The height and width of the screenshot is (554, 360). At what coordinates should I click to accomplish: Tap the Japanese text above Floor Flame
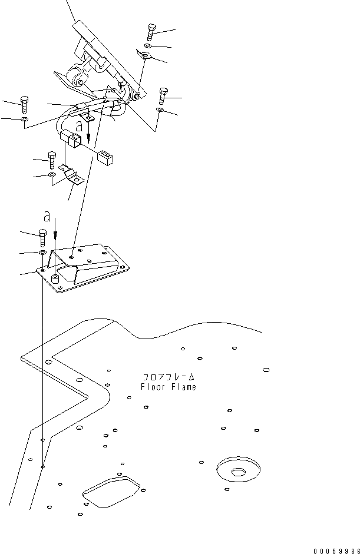point(169,376)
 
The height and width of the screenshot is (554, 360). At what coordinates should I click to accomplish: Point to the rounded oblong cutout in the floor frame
point(112,492)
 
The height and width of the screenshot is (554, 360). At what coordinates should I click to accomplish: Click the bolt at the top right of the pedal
point(151,32)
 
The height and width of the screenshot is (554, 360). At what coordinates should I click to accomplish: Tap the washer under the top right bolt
point(149,46)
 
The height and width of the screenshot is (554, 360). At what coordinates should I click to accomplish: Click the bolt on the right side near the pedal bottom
point(163,95)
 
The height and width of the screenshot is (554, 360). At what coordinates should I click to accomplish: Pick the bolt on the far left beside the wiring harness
point(24,104)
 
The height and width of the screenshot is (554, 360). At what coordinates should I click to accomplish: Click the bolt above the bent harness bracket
point(52,160)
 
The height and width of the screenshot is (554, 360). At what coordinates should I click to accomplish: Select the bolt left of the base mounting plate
point(43,237)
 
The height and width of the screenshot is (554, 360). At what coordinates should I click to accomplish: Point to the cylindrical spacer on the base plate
point(56,278)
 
